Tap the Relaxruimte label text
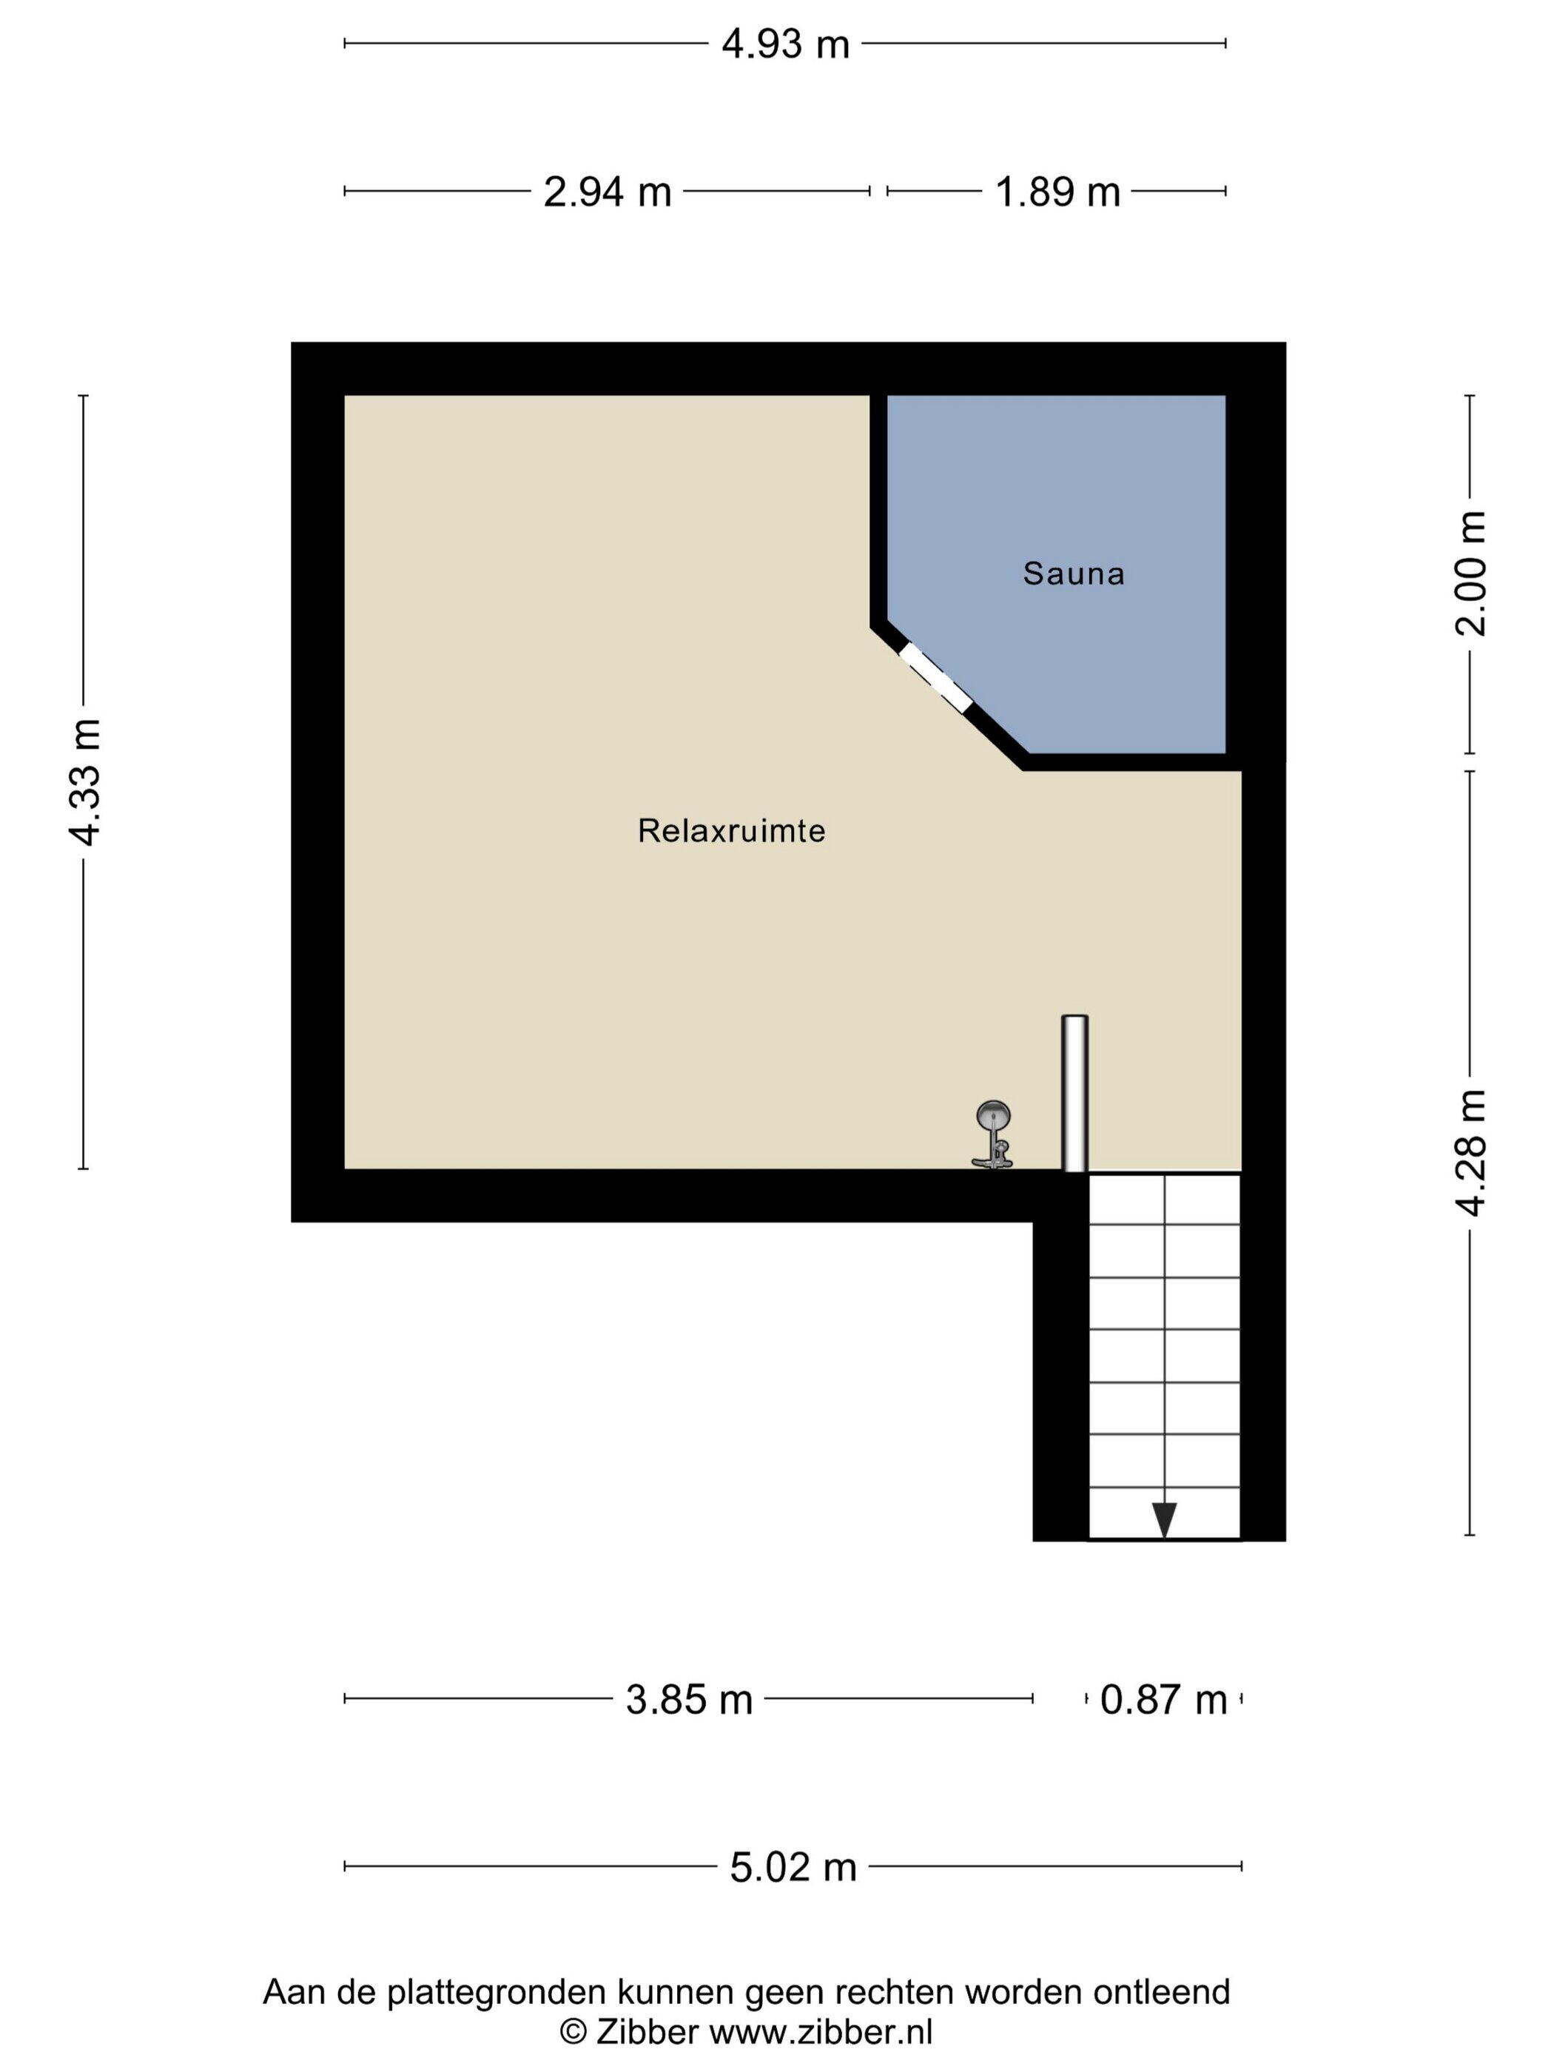click(732, 831)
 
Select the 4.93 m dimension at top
click(785, 44)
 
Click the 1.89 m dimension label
click(1057, 192)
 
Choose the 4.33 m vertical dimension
click(84, 782)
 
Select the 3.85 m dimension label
click(690, 1699)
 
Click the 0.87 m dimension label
click(1163, 1699)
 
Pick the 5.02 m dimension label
click(793, 1867)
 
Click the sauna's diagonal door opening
click(935, 677)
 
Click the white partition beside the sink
click(1074, 1093)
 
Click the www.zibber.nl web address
click(821, 2032)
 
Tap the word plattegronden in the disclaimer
click(494, 1991)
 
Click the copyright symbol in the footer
click(573, 2033)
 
